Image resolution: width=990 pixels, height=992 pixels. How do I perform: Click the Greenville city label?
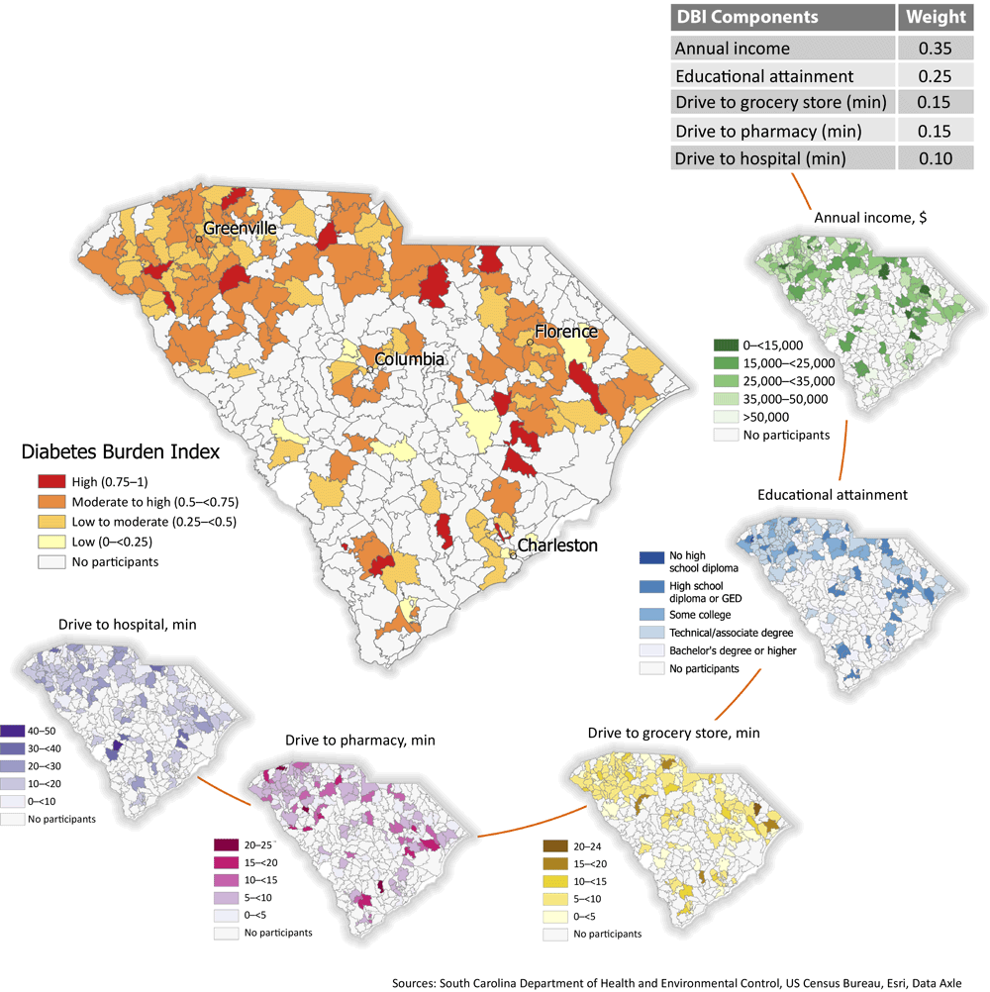(240, 228)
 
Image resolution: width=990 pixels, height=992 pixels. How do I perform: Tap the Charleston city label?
(557, 546)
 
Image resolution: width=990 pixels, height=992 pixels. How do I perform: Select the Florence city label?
(566, 331)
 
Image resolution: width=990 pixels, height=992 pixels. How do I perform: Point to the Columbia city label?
(409, 359)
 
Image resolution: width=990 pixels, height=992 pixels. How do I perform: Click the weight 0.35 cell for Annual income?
(931, 47)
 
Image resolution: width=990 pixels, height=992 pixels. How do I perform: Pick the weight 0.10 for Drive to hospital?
(931, 158)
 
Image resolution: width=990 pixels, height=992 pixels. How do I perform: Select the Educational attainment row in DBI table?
(781, 74)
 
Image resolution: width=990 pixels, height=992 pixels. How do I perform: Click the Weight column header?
(931, 17)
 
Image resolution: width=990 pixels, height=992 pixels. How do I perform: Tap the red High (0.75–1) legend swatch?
(50, 482)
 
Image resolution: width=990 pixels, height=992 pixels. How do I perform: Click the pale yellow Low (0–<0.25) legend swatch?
(50, 542)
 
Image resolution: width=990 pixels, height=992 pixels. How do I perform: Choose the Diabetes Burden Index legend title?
(121, 452)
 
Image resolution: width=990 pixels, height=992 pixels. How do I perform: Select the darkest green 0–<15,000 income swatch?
(725, 346)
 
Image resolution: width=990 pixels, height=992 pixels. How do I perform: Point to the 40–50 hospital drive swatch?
(14, 731)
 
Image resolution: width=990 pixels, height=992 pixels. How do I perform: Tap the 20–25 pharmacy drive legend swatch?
(226, 844)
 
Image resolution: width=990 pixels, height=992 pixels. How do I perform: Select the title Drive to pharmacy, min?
(360, 740)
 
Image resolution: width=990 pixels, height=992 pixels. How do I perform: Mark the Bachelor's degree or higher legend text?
(734, 650)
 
